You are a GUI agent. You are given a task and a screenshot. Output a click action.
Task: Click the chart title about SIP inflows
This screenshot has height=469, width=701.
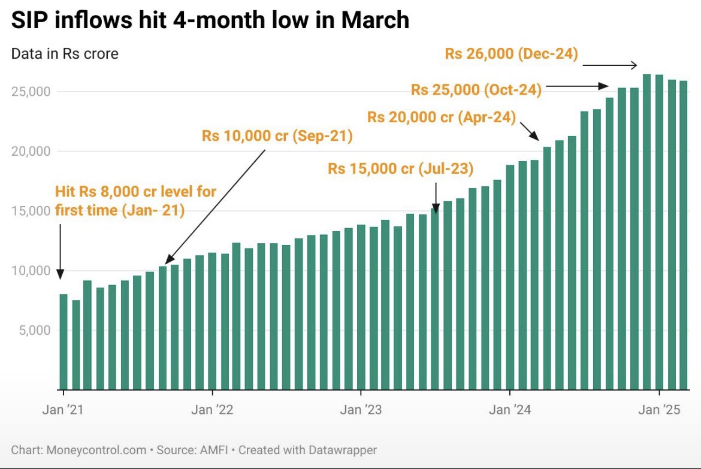pos(210,21)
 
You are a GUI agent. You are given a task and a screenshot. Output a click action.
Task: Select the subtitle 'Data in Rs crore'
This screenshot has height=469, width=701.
pos(65,54)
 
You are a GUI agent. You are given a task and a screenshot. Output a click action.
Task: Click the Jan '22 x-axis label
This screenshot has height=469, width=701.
pos(212,410)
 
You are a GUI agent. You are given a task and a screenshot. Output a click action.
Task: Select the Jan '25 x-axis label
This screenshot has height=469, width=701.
pos(659,410)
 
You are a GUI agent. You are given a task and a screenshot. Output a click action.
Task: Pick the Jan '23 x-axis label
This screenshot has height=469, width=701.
pos(361,410)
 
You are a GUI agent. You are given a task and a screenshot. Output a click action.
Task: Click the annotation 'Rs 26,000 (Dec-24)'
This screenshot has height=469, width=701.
pos(511,54)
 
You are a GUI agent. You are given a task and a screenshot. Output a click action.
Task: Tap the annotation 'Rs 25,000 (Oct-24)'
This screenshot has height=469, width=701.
pos(476,90)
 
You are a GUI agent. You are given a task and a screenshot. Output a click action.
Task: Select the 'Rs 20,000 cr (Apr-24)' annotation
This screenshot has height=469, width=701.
pos(442,117)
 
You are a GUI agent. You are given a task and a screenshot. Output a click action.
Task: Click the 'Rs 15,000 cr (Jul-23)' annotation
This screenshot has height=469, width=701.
pos(400,169)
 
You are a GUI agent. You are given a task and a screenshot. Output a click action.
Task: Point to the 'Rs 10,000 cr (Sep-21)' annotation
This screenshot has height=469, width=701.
pos(277,136)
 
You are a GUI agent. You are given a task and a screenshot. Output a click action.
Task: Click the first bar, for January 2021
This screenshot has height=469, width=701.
pos(64,341)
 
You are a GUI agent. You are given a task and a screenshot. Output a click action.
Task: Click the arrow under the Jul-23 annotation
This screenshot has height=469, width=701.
pos(436,197)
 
